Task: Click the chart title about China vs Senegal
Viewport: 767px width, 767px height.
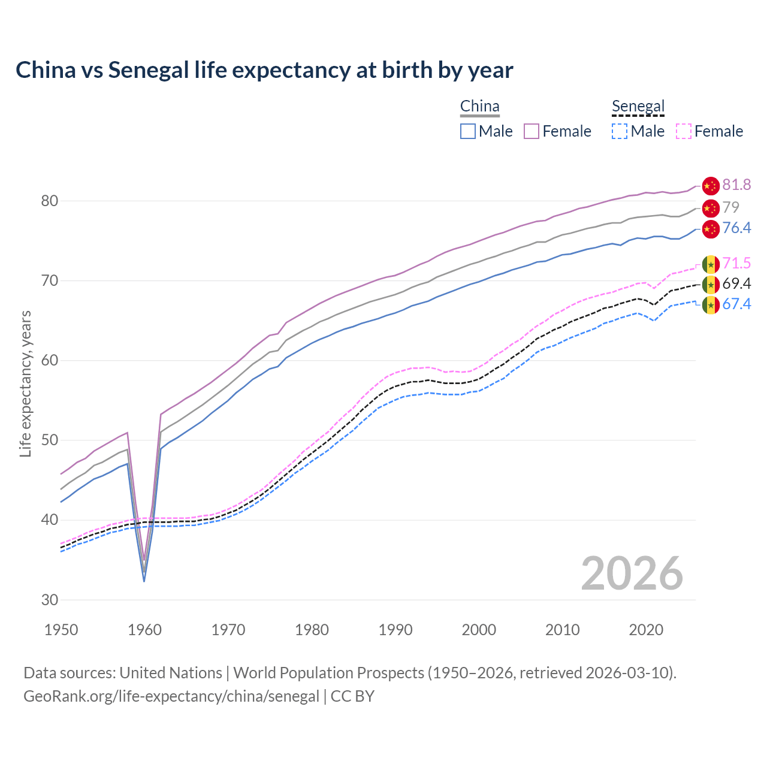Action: tap(264, 70)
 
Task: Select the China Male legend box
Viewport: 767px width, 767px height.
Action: tap(468, 131)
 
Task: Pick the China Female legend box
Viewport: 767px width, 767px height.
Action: tap(532, 131)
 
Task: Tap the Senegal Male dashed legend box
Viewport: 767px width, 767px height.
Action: tap(620, 131)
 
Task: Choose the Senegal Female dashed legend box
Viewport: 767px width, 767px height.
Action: tap(684, 131)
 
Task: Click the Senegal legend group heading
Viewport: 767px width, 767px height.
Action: tap(638, 107)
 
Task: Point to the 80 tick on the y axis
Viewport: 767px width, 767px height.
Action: tap(50, 201)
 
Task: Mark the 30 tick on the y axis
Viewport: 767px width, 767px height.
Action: tap(50, 600)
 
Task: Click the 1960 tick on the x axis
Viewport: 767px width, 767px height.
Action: tap(145, 630)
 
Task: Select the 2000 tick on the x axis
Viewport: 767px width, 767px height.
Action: tap(479, 630)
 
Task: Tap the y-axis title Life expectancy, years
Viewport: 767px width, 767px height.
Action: tap(25, 383)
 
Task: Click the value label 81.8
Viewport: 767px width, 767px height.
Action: tap(736, 185)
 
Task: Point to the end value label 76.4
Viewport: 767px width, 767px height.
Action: tap(736, 228)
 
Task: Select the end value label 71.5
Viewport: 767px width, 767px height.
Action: tap(736, 264)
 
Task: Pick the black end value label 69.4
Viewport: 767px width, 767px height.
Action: tap(736, 283)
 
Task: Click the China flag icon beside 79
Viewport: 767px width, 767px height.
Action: tap(711, 209)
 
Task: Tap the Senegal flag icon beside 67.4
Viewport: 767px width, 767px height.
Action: tap(711, 305)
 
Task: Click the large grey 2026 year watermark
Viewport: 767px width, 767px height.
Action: tap(632, 573)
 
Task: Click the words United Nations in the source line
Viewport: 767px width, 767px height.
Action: tap(171, 673)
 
